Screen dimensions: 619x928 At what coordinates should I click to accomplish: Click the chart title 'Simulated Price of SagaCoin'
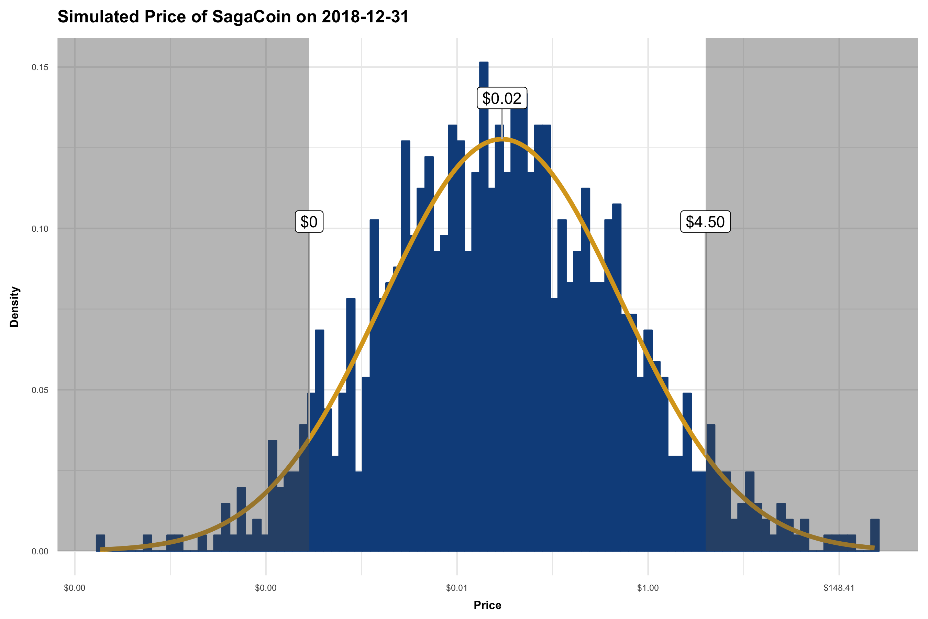click(x=233, y=17)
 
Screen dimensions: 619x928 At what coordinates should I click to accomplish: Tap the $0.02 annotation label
click(x=502, y=98)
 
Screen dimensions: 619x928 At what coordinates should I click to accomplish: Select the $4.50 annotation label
click(x=705, y=222)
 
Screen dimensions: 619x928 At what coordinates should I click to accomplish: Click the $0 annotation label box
click(x=309, y=222)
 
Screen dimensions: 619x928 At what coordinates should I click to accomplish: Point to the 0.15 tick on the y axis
click(x=40, y=67)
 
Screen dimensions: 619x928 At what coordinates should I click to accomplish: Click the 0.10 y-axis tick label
click(x=40, y=229)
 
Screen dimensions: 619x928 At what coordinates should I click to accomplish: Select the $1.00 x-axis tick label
click(x=648, y=588)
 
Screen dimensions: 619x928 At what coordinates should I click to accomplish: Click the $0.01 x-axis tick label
click(x=456, y=588)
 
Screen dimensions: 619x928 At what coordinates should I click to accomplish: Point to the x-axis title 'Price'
click(x=487, y=605)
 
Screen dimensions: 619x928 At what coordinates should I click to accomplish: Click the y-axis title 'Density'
click(x=14, y=307)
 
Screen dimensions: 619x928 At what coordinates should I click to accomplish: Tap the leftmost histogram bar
click(x=101, y=543)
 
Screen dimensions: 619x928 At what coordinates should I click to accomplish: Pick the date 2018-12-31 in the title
click(x=365, y=17)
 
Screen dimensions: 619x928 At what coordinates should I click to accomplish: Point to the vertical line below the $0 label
click(x=309, y=316)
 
